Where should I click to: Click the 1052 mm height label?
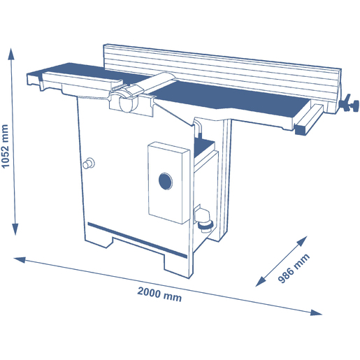(x=5, y=146)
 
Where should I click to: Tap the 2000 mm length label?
(x=159, y=294)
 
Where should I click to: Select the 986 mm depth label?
(x=294, y=268)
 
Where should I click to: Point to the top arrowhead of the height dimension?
(x=11, y=54)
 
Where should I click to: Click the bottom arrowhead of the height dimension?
(x=15, y=229)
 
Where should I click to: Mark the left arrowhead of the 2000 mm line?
(x=20, y=259)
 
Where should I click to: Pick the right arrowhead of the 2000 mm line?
(x=316, y=312)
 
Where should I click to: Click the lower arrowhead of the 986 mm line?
(x=261, y=281)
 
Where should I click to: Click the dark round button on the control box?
(x=166, y=181)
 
